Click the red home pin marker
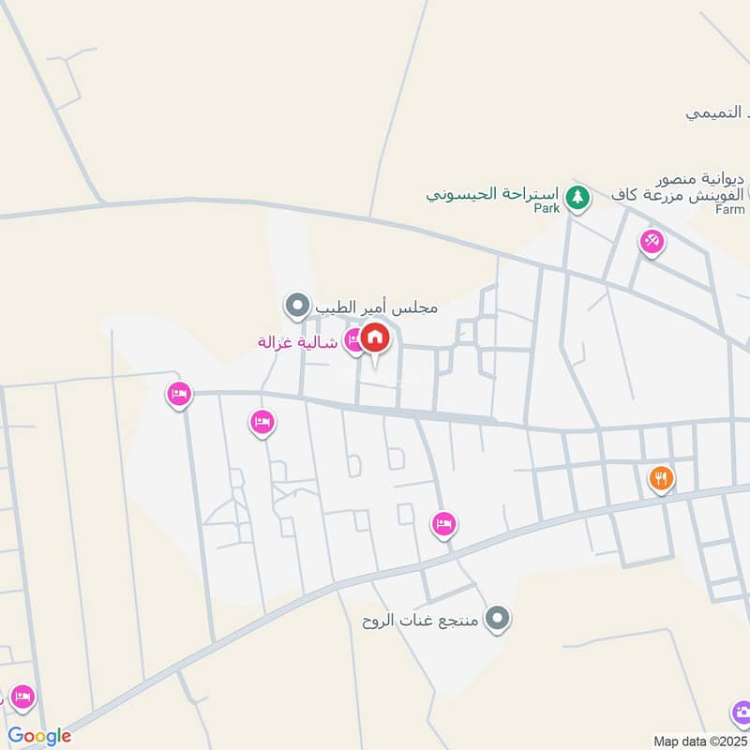[375, 338]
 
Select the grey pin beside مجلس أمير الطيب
[297, 306]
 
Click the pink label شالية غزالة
[297, 342]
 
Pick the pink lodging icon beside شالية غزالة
[353, 340]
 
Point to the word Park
[547, 209]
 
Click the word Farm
[729, 210]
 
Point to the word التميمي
[717, 112]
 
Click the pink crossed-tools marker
[652, 241]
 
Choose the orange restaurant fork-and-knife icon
[662, 479]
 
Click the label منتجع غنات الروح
[422, 621]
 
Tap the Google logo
[39, 736]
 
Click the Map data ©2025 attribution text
[698, 741]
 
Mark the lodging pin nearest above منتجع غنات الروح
[444, 523]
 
